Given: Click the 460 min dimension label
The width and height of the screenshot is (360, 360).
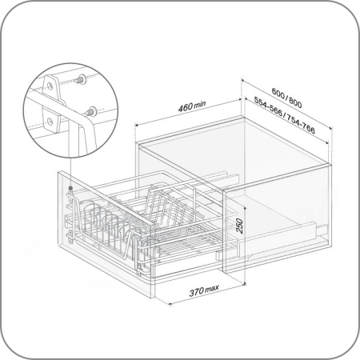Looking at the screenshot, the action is (192, 106).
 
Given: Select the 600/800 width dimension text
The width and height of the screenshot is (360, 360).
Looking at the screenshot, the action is (287, 98).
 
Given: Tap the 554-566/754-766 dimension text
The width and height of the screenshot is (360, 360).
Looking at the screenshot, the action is (285, 115).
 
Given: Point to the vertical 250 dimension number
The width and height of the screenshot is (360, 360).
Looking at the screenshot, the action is (239, 226).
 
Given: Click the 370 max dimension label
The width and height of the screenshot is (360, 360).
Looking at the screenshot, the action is (204, 290).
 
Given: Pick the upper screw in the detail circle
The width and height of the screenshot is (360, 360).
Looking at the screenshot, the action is (81, 79).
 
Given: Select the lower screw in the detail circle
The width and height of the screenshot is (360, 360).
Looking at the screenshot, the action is (90, 111).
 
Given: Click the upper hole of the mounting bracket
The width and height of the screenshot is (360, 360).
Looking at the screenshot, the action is (50, 86).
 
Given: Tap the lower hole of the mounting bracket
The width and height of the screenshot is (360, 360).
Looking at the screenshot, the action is (50, 122).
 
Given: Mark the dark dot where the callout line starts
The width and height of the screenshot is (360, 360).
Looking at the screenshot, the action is (70, 188).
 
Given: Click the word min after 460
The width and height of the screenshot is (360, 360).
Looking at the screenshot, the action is (200, 104).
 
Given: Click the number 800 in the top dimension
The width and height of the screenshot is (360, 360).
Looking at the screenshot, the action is (295, 102).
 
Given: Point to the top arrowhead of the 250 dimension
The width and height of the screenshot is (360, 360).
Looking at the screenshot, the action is (245, 208).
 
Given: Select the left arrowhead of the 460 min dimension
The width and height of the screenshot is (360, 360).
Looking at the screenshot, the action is (137, 125).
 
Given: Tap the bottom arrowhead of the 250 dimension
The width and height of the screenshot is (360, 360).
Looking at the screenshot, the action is (245, 283).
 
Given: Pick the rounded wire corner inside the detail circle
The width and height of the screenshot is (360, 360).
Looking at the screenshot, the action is (88, 122).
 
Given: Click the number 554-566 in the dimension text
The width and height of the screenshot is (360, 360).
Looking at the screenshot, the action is (268, 106).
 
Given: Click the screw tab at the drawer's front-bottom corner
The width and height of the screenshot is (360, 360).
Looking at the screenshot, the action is (138, 273).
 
